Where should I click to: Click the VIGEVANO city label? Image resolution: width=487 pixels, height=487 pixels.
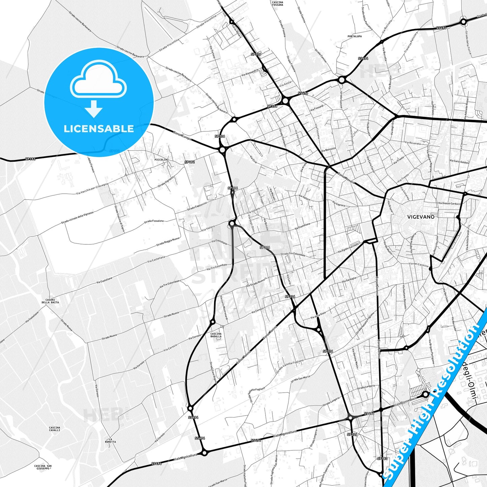click(x=421, y=217)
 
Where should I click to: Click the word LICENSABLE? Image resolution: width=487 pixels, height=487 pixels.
click(x=99, y=129)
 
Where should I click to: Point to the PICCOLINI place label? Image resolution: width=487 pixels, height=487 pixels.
click(x=161, y=159)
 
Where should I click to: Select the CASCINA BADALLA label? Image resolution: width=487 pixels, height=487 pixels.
click(x=216, y=335)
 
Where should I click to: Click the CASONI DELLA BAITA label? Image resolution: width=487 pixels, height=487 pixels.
click(x=50, y=301)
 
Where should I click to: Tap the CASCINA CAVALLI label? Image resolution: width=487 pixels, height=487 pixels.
click(x=55, y=429)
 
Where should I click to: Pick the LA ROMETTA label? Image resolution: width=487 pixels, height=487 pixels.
click(x=110, y=440)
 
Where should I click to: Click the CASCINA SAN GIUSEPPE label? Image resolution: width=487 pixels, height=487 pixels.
click(x=43, y=467)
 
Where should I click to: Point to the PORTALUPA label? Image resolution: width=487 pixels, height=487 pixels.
click(x=355, y=36)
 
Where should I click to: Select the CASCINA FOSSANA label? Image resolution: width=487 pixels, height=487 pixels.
click(x=277, y=4)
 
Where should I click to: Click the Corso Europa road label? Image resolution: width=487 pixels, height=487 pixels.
click(x=182, y=136)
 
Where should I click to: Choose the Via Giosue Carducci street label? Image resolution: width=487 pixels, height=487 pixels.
click(x=449, y=204)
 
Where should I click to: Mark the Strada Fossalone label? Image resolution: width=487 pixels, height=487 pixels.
click(x=154, y=221)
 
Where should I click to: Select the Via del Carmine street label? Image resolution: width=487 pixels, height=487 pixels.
click(x=419, y=265)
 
